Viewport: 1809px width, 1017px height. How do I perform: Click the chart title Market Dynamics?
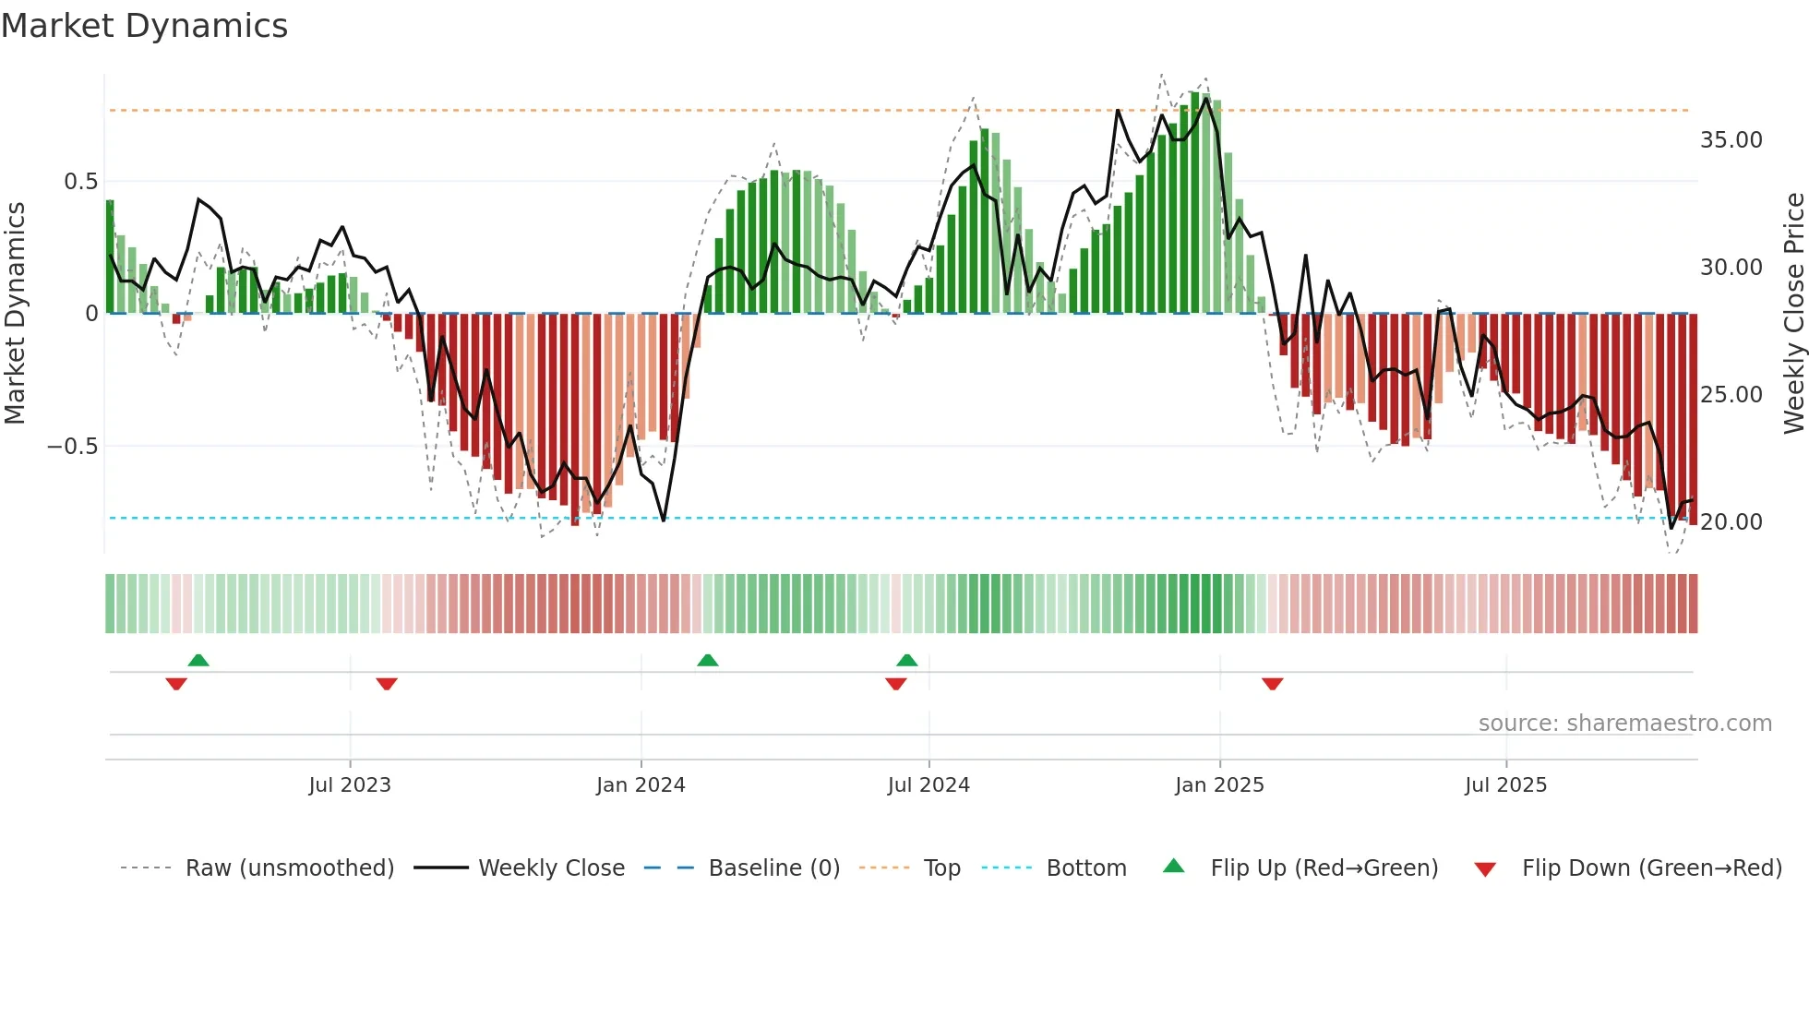click(x=144, y=26)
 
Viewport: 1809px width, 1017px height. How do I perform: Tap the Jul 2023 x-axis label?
click(x=350, y=785)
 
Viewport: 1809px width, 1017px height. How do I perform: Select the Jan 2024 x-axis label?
click(x=641, y=785)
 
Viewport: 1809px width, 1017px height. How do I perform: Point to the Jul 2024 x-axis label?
click(x=928, y=785)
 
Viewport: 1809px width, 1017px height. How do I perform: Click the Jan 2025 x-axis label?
click(x=1219, y=785)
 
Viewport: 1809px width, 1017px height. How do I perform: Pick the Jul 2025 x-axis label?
click(x=1505, y=785)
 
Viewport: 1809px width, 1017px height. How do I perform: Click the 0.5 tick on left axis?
click(x=81, y=182)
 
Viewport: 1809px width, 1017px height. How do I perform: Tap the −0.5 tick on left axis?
click(x=73, y=447)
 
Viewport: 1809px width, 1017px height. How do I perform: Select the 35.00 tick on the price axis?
click(x=1731, y=140)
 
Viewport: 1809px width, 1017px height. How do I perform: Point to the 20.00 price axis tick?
click(x=1731, y=522)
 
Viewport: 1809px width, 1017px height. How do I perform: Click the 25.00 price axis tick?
click(x=1731, y=395)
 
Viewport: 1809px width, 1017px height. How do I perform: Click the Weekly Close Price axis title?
click(x=1793, y=314)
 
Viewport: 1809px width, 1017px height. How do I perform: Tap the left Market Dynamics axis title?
click(x=15, y=314)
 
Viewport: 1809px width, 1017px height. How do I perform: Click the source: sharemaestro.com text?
click(x=1624, y=724)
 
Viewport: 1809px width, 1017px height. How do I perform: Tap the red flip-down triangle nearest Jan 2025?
click(x=1272, y=684)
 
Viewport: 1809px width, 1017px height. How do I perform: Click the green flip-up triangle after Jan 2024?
click(x=708, y=660)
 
